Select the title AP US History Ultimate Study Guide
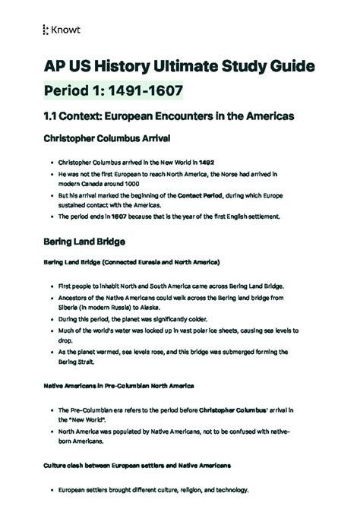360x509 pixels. [176, 68]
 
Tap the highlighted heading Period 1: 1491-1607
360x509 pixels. [112, 92]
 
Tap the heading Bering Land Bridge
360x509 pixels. [84, 242]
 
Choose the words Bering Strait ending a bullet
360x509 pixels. [81, 364]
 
